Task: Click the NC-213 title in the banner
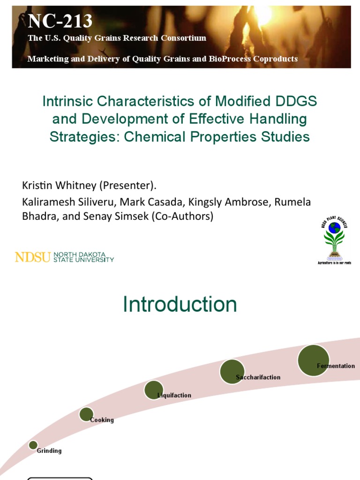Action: (60, 21)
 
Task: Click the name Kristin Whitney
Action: (59, 185)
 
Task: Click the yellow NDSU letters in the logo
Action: (33, 257)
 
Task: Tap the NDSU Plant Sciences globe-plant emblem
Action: (334, 239)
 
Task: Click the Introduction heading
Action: (180, 305)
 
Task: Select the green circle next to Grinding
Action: (33, 445)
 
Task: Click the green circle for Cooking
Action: (86, 414)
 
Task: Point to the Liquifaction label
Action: (174, 396)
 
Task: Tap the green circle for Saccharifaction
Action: (232, 372)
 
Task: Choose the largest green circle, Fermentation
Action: (313, 360)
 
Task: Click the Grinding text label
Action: (49, 451)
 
